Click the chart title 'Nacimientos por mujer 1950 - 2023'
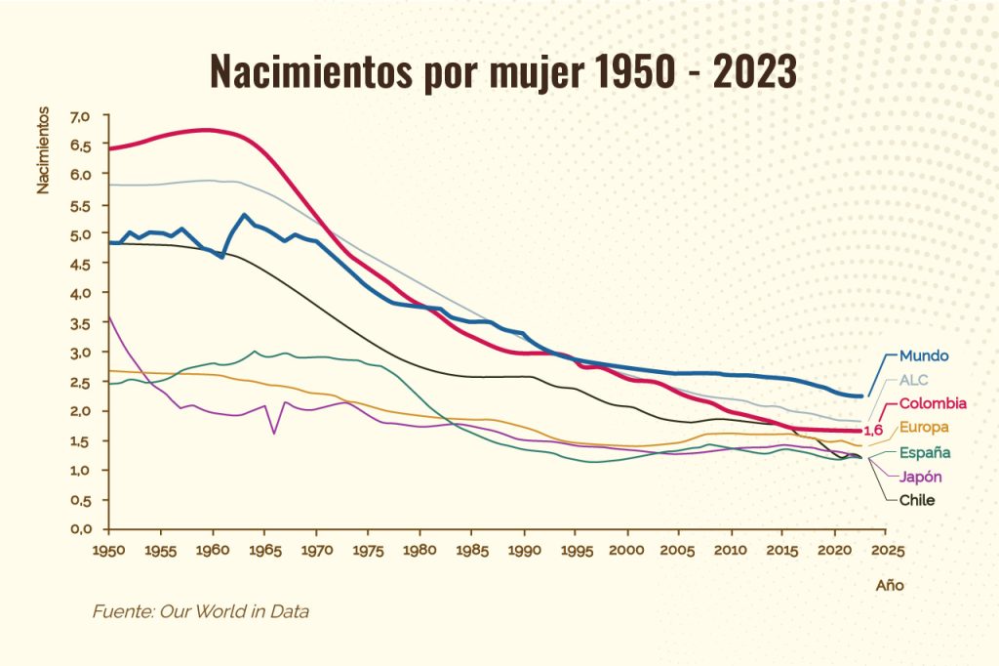(503, 71)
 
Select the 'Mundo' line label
(923, 355)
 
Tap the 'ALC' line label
(913, 380)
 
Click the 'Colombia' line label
(933, 403)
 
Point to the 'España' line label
(925, 453)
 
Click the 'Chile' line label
(917, 500)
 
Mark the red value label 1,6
(874, 431)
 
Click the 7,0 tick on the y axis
(80, 116)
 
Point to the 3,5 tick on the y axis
(80, 322)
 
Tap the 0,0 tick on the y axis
(80, 528)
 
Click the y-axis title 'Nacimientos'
(43, 151)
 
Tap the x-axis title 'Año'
(889, 586)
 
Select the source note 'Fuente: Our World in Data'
(201, 612)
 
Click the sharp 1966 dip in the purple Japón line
(274, 433)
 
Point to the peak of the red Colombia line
(205, 130)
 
